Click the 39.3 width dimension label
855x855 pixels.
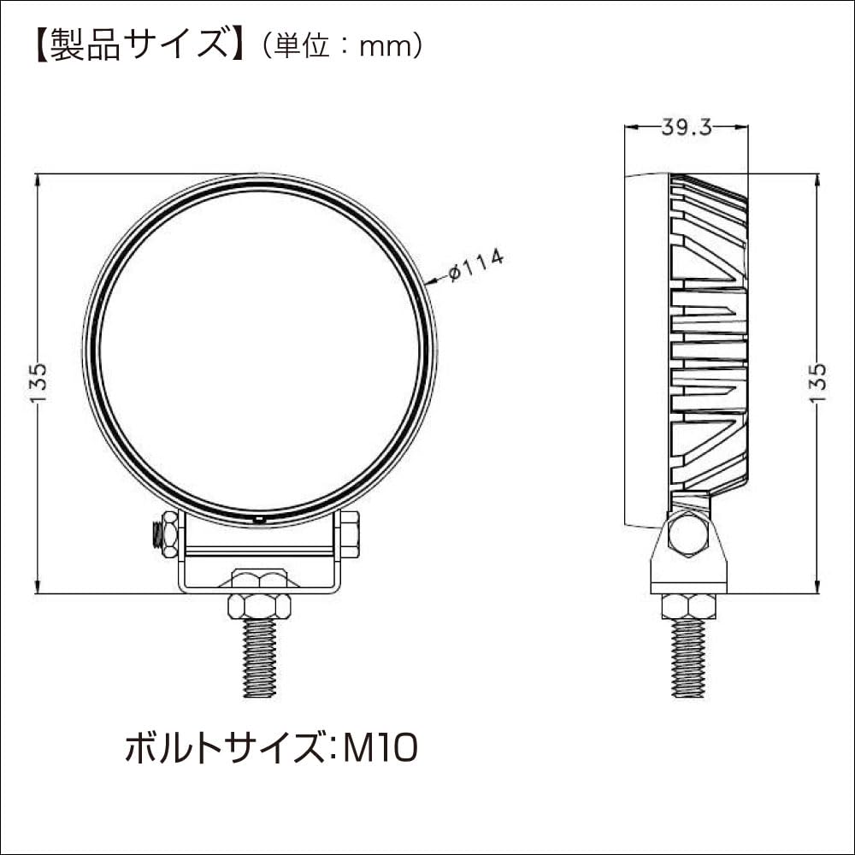(x=687, y=127)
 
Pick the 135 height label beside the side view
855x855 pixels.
(x=818, y=382)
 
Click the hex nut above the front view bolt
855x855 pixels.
(x=259, y=605)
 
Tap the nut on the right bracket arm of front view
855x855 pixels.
(x=349, y=534)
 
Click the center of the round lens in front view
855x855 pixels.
(x=260, y=351)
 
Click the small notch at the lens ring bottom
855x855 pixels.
(x=259, y=518)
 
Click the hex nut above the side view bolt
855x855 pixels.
(x=688, y=605)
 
